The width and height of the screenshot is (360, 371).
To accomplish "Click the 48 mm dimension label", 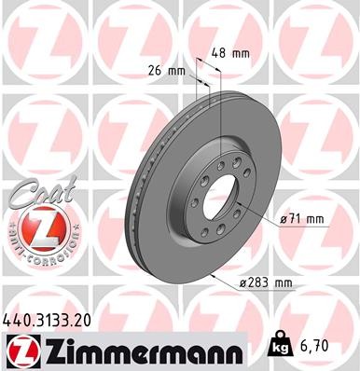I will [x=229, y=53].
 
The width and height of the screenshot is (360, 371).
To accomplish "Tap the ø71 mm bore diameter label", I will [x=302, y=219].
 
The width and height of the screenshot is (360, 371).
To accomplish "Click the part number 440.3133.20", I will [x=53, y=320].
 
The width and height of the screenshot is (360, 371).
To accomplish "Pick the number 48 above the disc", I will [x=221, y=53].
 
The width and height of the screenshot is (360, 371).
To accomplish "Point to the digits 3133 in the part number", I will [x=54, y=320].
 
